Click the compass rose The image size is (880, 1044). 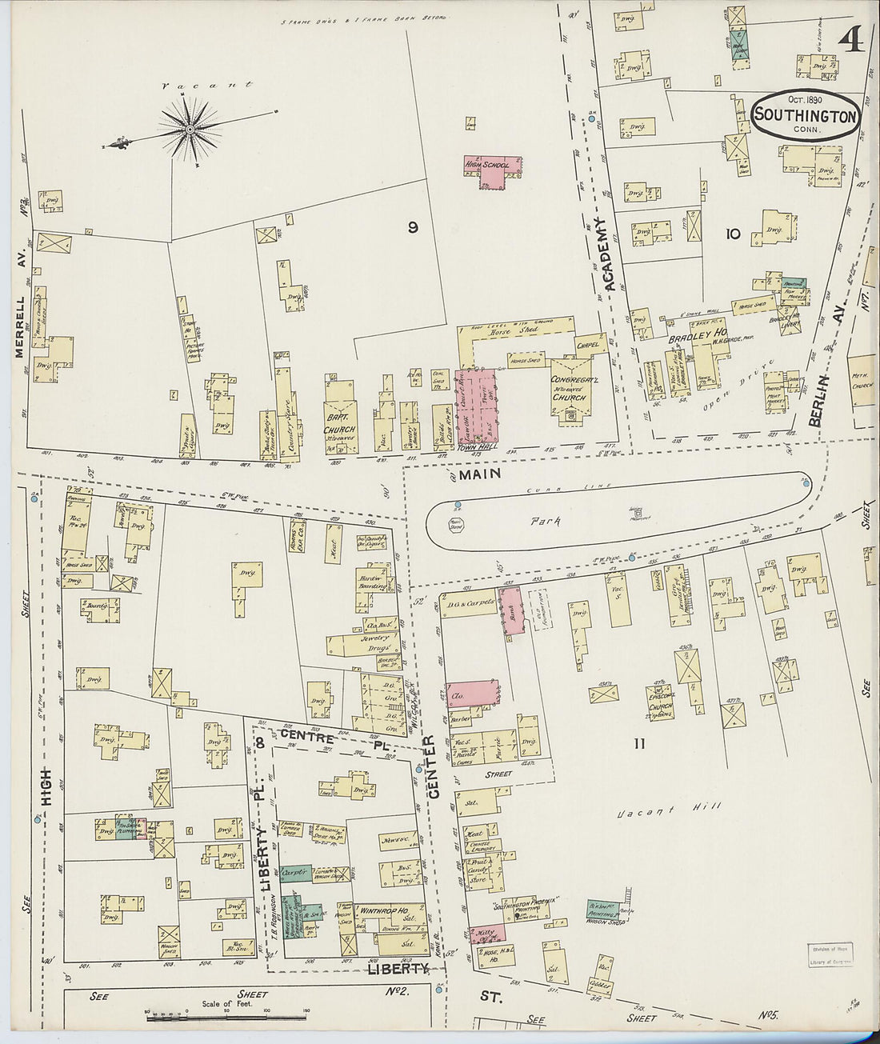[x=190, y=129]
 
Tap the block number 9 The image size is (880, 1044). [x=413, y=227]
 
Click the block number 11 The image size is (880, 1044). [x=640, y=744]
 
